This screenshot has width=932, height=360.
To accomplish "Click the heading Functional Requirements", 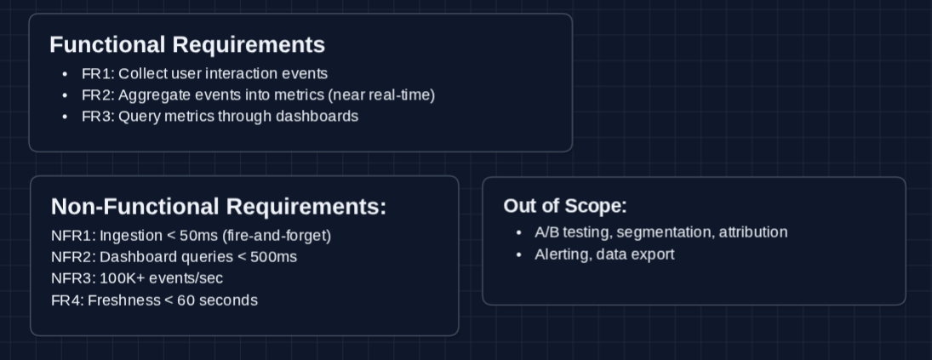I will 187,44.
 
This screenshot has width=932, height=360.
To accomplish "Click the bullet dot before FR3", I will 66,116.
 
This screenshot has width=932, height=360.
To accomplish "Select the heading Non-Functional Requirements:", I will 219,206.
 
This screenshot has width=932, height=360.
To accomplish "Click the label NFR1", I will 73,235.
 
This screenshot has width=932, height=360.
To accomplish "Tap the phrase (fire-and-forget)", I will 277,235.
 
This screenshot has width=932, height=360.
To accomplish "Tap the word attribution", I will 753,232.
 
